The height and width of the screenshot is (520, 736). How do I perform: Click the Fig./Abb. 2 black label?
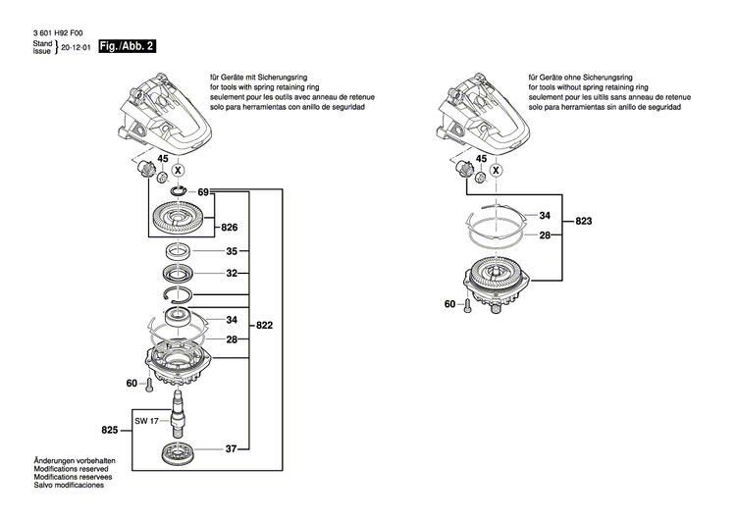click(x=123, y=47)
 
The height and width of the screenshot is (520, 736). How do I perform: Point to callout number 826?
click(x=231, y=226)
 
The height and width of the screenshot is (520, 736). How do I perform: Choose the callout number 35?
click(x=232, y=252)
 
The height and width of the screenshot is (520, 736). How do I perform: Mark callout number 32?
click(x=232, y=274)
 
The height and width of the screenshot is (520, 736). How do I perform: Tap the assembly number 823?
click(x=584, y=223)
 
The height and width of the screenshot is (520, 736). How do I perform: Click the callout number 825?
click(x=110, y=430)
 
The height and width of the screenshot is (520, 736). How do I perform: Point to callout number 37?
click(x=232, y=450)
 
